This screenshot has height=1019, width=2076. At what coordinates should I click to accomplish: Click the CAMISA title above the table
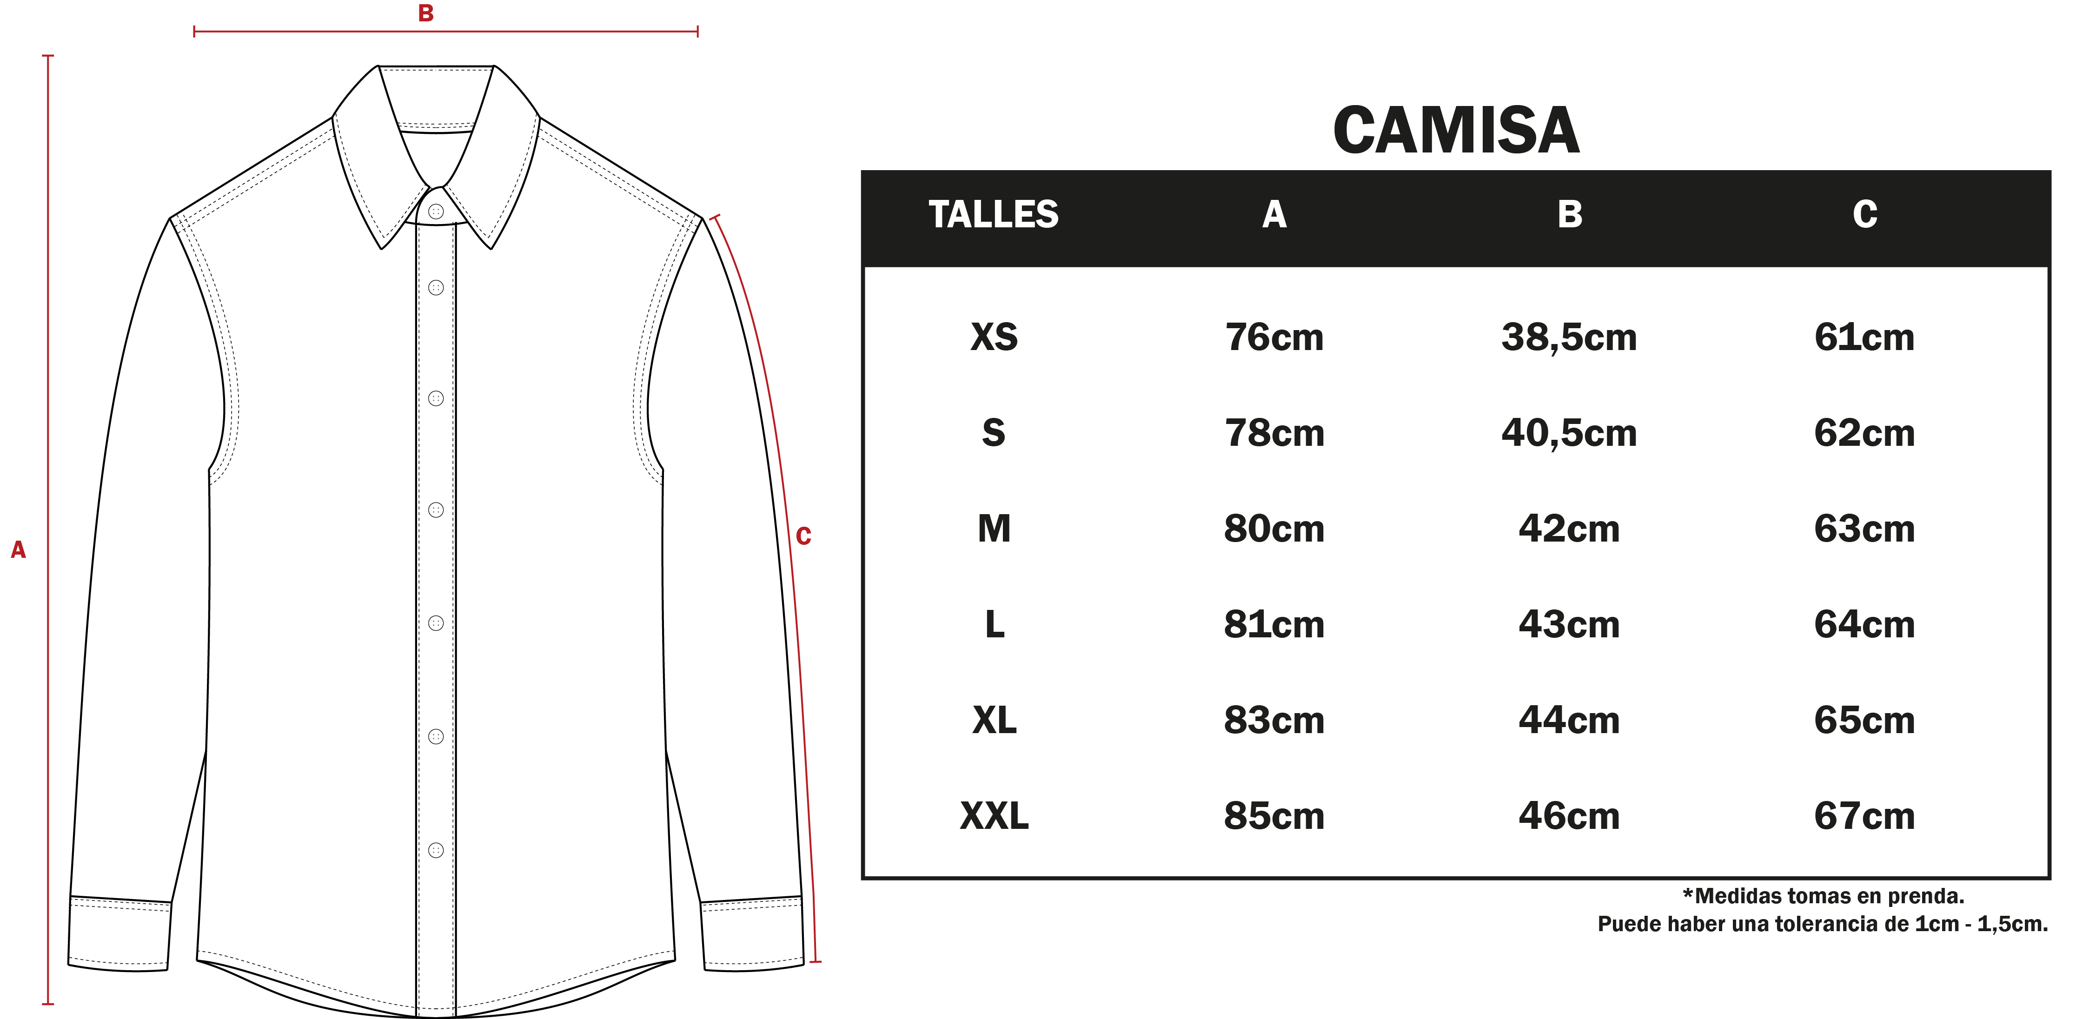1455,131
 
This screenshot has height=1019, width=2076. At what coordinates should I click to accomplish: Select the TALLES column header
994,214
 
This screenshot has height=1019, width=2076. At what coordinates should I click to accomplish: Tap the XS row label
994,337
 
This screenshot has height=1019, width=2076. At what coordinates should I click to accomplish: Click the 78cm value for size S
1274,433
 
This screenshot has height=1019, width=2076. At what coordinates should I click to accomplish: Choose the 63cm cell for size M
1864,529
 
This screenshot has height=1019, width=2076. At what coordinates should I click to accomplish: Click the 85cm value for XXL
1274,816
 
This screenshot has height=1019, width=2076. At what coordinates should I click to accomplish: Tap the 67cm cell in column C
1864,816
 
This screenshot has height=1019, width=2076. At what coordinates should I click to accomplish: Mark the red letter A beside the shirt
18,549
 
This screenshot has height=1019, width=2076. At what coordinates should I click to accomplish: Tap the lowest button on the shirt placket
436,850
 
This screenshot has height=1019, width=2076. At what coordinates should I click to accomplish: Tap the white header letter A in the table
1274,214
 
